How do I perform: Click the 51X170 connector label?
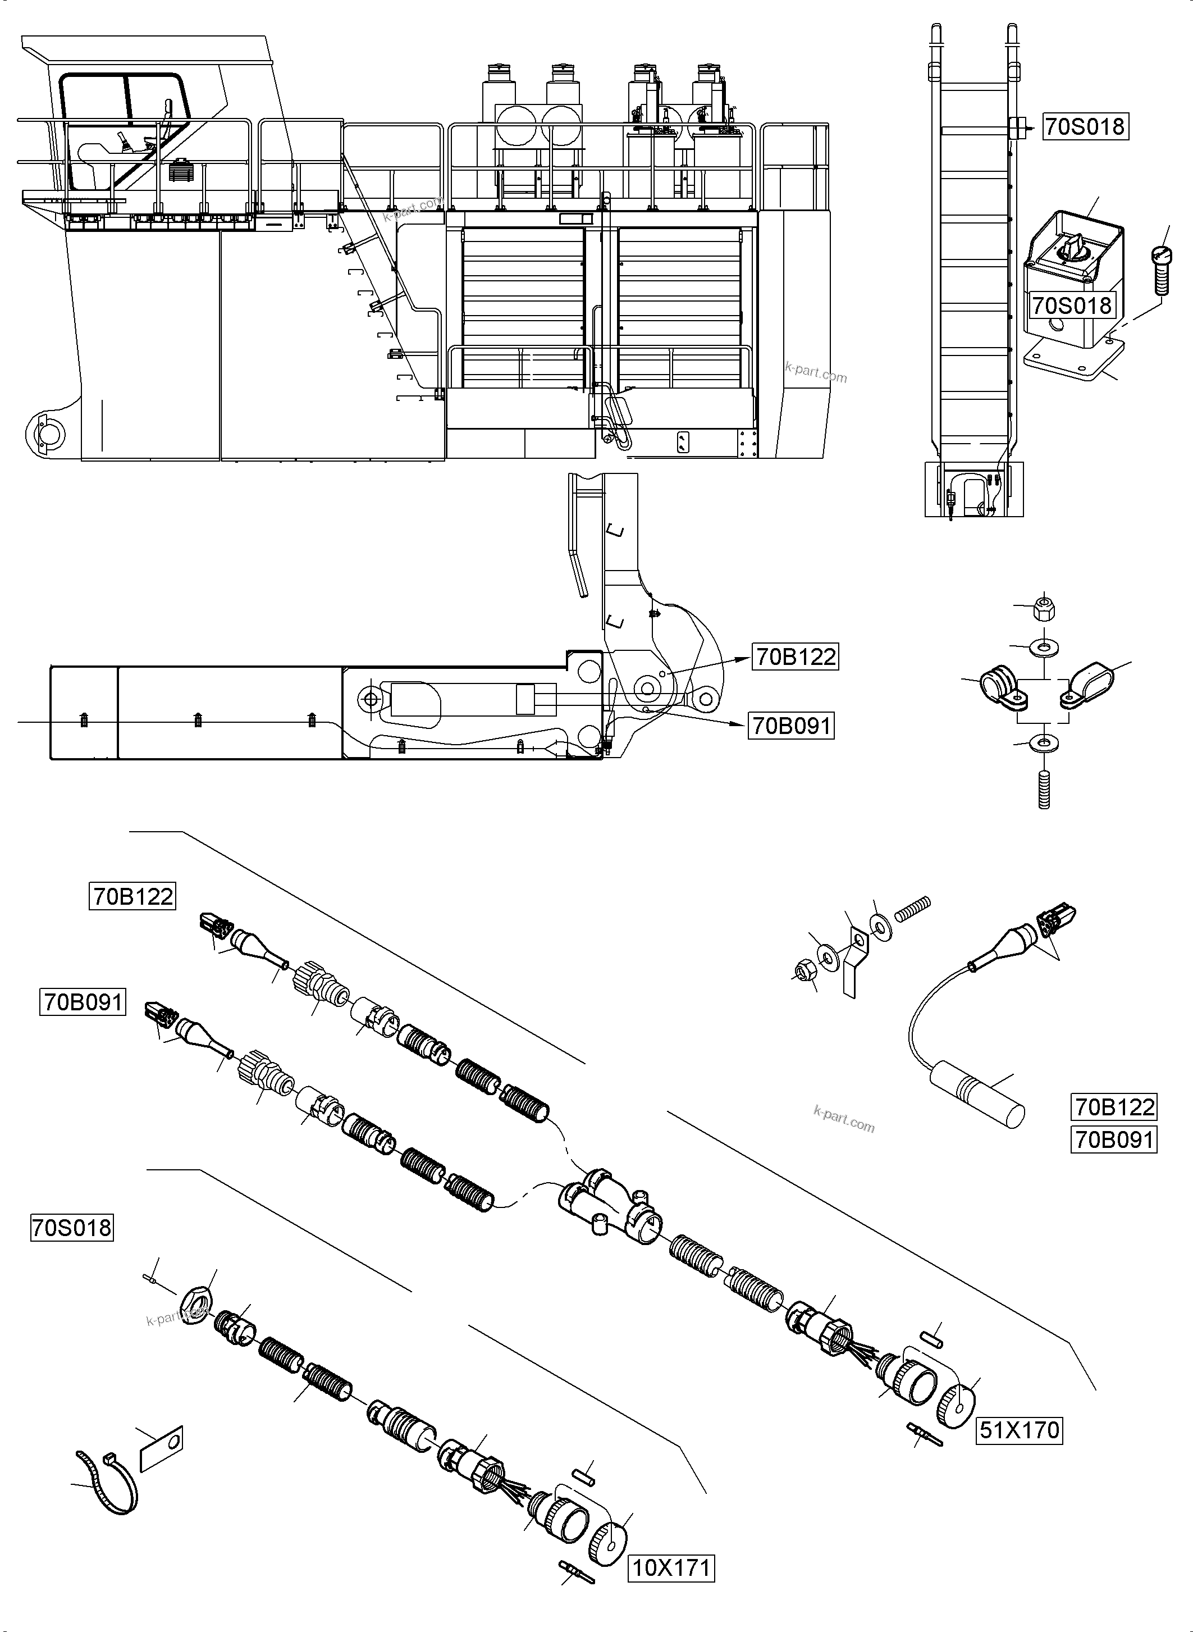[1019, 1430]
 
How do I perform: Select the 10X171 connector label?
[671, 1569]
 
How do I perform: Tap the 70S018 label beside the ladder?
[1085, 126]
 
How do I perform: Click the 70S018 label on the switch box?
[1071, 306]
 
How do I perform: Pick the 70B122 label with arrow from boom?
[795, 657]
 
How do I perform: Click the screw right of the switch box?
[1160, 270]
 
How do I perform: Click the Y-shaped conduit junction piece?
[610, 1206]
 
